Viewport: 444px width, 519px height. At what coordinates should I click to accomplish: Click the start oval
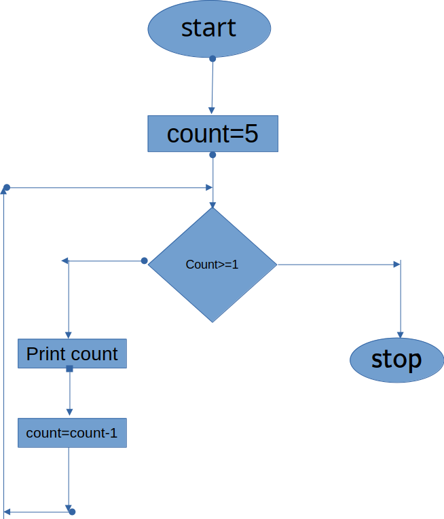[209, 28]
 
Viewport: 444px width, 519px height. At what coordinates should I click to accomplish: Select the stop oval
[397, 360]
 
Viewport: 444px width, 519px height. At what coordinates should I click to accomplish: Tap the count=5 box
[212, 134]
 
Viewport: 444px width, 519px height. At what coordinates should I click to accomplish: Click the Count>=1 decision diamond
[212, 265]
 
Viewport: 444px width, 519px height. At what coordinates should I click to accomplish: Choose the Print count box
[72, 353]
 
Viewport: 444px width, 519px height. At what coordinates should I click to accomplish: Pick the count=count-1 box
[72, 433]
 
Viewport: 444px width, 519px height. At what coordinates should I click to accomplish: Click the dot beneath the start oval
[212, 59]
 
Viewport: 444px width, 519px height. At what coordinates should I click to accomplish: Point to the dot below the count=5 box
[212, 155]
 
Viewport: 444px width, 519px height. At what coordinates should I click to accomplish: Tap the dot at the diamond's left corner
[144, 261]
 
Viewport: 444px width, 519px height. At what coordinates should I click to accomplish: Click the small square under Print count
[69, 369]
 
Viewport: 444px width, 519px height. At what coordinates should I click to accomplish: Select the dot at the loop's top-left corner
[7, 188]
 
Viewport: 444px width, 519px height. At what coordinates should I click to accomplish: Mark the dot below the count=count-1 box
[72, 512]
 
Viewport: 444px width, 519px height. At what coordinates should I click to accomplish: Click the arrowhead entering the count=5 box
[212, 111]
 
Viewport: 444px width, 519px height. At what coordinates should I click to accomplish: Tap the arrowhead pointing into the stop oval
[401, 335]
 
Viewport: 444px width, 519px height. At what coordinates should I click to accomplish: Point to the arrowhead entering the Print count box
[69, 336]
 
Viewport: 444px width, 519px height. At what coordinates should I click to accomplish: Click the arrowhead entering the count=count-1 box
[69, 412]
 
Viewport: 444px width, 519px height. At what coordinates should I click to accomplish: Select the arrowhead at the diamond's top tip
[212, 205]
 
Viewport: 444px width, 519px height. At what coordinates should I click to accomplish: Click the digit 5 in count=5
[251, 134]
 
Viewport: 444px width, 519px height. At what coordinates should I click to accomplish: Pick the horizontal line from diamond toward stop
[339, 265]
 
